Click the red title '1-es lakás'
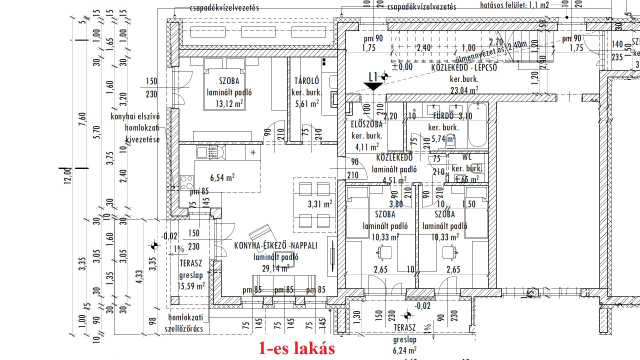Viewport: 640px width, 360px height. pyautogui.click(x=296, y=348)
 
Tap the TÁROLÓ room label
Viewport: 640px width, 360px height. pyautogui.click(x=306, y=81)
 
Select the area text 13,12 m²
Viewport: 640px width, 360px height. pyautogui.click(x=229, y=103)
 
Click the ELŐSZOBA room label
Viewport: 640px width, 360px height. pyautogui.click(x=367, y=124)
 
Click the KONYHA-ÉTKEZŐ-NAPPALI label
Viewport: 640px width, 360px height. pyautogui.click(x=276, y=245)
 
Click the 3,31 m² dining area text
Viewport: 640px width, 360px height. pyautogui.click(x=320, y=204)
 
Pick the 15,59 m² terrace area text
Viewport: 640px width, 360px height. pyautogui.click(x=191, y=286)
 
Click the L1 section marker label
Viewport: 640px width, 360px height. pyautogui.click(x=372, y=76)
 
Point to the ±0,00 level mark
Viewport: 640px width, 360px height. pyautogui.click(x=402, y=66)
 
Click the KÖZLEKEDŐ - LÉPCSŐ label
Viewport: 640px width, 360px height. pyautogui.click(x=464, y=68)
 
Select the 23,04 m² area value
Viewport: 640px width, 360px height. pyautogui.click(x=464, y=90)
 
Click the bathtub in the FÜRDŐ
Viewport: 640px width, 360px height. pyautogui.click(x=477, y=125)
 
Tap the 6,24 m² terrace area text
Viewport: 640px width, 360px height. pyautogui.click(x=405, y=350)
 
